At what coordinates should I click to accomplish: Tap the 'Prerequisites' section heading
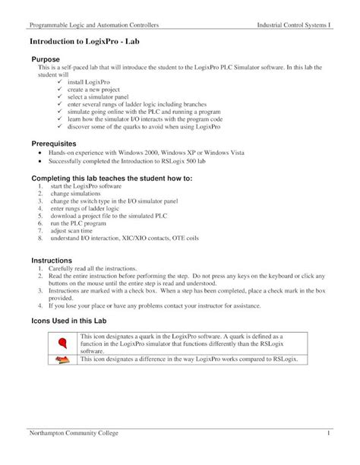click(57, 142)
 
